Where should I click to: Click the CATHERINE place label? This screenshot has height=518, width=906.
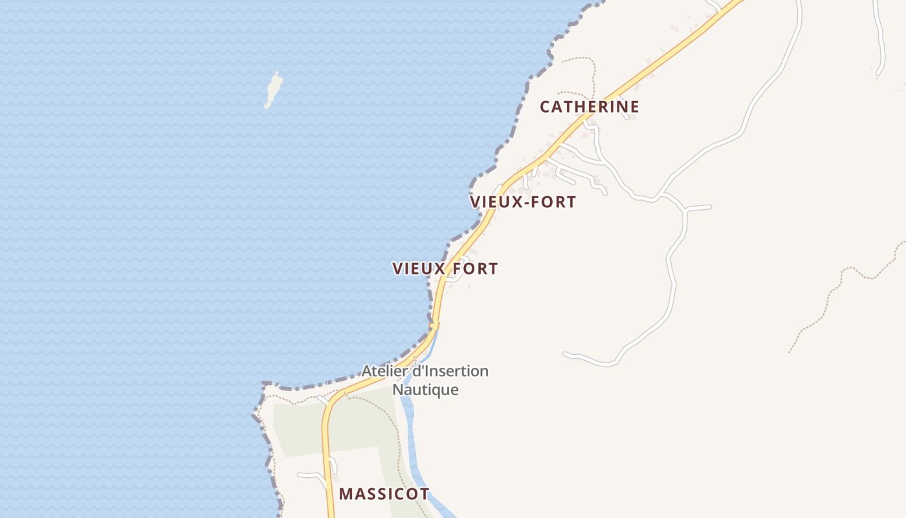coord(590,107)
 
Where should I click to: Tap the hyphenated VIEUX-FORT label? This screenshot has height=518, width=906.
coord(523,202)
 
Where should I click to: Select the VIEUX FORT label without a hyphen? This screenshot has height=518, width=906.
coord(445,269)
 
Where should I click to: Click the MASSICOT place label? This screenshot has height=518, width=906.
coord(384,494)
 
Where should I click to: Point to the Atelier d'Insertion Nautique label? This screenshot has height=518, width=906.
coord(425,380)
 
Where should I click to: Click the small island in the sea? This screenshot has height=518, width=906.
coord(274,89)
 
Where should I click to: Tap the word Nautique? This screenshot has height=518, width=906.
coord(425,390)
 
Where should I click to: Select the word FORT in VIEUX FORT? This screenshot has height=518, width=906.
coord(475,269)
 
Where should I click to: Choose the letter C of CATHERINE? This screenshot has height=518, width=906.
coord(545,107)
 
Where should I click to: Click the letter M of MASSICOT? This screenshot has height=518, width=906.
coord(345,494)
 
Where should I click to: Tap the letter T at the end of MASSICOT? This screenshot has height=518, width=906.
coord(425,494)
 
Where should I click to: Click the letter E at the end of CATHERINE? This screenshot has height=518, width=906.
coord(634,107)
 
